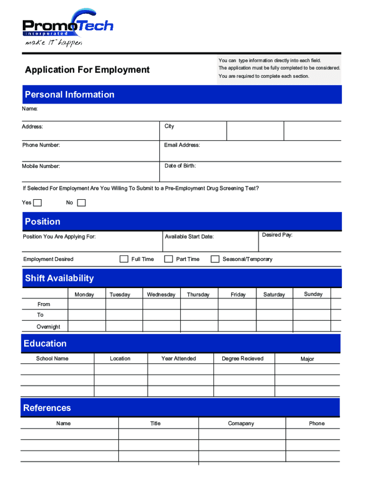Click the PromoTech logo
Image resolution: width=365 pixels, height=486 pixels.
click(68, 28)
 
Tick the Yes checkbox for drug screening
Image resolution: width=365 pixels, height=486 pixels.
click(37, 203)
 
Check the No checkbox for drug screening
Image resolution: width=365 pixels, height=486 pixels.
click(82, 203)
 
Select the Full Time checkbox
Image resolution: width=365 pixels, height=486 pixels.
click(124, 259)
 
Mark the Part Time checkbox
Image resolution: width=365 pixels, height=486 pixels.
click(168, 259)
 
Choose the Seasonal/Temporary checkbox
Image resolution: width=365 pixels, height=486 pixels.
click(215, 259)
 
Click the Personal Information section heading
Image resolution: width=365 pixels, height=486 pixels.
click(70, 94)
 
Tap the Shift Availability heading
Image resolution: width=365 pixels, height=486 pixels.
click(59, 278)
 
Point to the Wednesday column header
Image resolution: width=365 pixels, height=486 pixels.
click(161, 295)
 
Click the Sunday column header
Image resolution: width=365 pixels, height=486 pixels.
click(313, 294)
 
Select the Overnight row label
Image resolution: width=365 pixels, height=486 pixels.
click(48, 327)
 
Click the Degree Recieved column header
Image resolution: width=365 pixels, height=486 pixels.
click(242, 358)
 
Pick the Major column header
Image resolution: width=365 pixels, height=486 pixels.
click(307, 359)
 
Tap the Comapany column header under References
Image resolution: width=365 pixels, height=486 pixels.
click(241, 423)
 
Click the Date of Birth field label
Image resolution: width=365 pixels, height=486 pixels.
click(180, 166)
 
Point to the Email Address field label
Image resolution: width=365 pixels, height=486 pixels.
click(182, 145)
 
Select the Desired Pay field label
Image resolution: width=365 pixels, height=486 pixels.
click(277, 235)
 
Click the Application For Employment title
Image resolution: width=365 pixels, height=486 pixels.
click(87, 70)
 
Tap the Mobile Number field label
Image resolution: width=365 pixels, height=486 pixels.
click(41, 166)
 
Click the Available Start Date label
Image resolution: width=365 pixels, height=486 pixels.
click(189, 236)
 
